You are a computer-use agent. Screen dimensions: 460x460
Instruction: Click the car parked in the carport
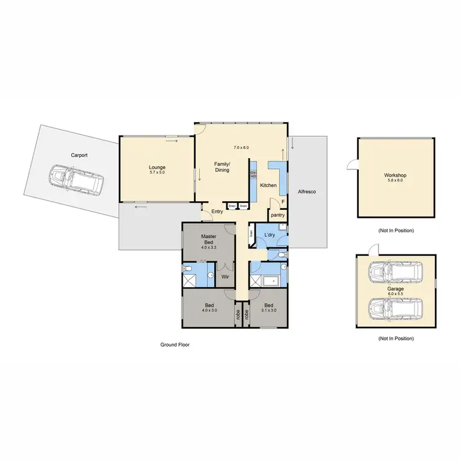(77, 178)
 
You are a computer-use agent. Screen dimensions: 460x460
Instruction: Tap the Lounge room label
(157, 167)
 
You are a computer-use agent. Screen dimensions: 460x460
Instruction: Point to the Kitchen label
(269, 185)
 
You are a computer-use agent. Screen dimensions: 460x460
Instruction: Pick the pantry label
(277, 215)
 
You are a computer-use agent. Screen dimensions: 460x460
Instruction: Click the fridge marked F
(283, 202)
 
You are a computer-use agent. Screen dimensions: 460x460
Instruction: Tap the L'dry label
(269, 236)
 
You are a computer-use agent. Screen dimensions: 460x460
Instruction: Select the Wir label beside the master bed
(225, 276)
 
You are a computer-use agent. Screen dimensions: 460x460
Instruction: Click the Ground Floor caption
(175, 345)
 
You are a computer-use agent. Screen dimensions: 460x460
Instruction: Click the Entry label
(217, 212)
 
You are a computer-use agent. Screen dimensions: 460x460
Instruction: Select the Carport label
(79, 156)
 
